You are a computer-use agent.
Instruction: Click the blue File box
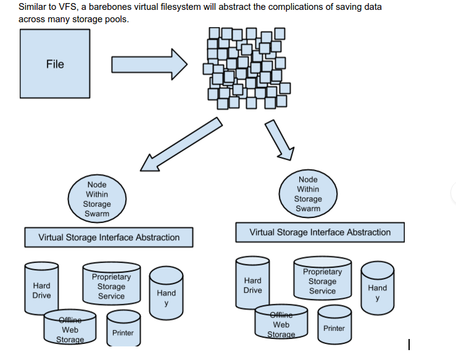(55, 64)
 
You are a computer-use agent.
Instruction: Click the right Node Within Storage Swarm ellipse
(308, 194)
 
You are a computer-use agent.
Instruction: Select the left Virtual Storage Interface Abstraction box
(109, 237)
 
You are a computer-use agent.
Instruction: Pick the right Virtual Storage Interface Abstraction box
(320, 232)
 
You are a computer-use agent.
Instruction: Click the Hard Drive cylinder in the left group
(41, 290)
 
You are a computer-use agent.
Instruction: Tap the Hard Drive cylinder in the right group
(252, 285)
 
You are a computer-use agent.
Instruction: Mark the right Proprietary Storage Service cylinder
(322, 282)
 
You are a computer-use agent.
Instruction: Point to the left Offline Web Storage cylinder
(70, 329)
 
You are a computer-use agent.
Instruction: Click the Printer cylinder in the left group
(123, 332)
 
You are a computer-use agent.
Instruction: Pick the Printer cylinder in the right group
(334, 327)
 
